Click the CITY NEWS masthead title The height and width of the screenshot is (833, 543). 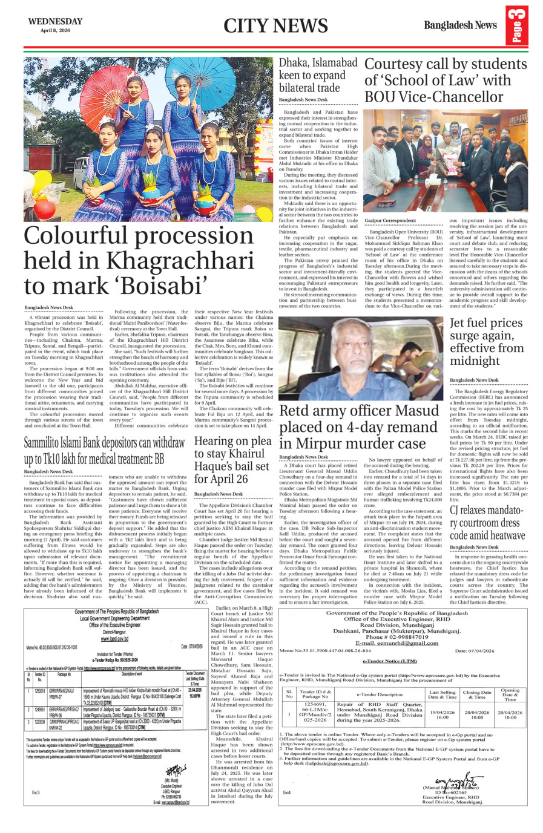(275, 25)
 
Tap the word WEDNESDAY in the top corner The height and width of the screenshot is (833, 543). (55, 21)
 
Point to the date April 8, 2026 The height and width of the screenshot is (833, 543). (55, 30)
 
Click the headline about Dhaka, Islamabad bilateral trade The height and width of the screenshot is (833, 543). (318, 75)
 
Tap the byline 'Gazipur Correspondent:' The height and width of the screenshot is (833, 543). (390, 221)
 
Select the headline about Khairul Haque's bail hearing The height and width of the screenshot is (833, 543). (231, 460)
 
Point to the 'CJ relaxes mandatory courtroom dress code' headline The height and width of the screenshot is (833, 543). (487, 523)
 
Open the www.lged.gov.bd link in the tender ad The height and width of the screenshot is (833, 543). (114, 639)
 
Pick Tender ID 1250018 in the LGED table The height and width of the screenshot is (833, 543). (39, 691)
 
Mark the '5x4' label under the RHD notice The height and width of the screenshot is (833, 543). (286, 792)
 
